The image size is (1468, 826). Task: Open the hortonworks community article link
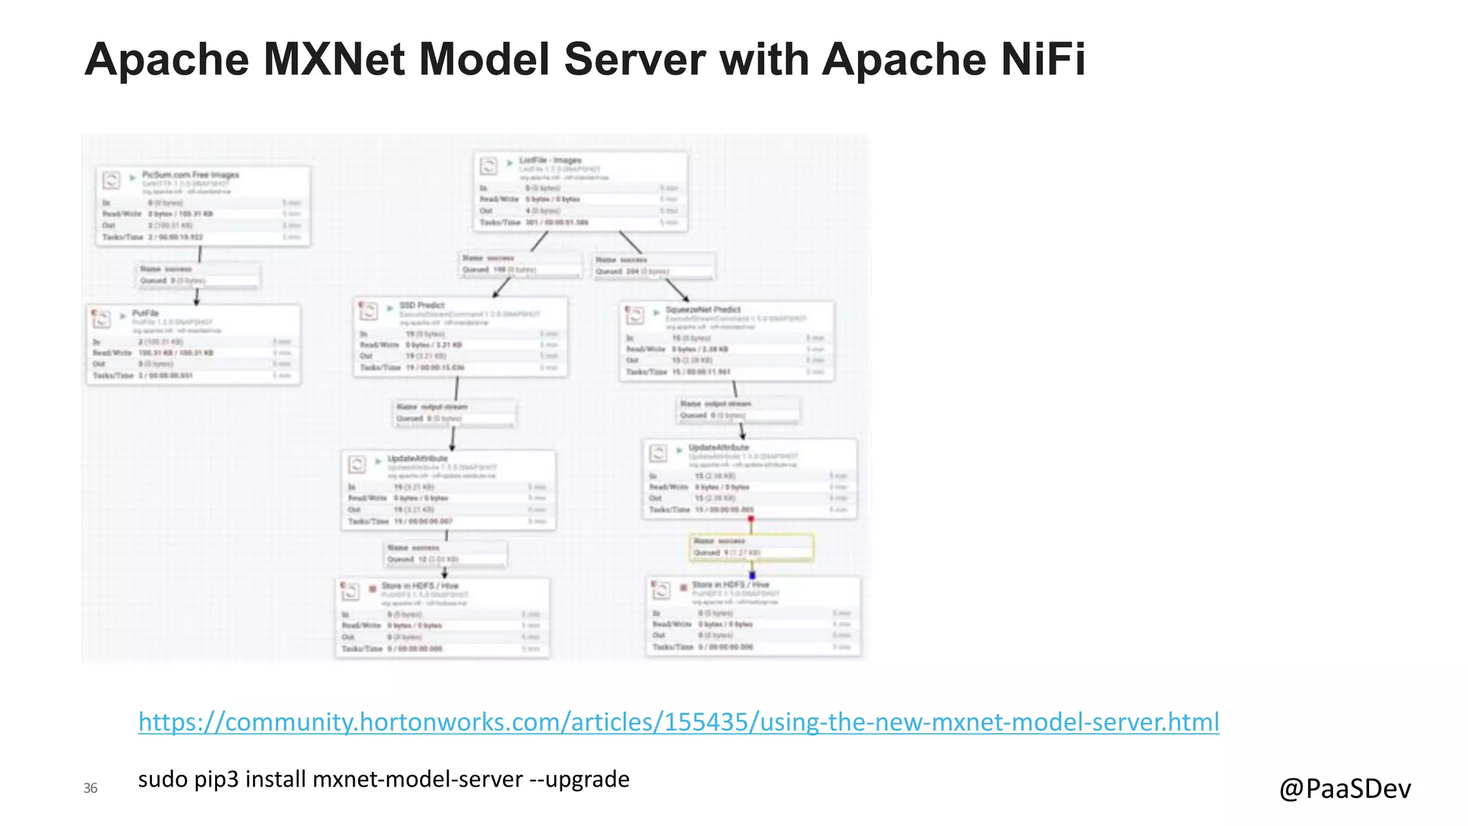(x=678, y=721)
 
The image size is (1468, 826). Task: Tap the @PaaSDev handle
(x=1345, y=788)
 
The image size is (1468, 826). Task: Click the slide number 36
(x=90, y=788)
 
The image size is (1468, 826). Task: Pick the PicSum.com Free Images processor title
(x=190, y=175)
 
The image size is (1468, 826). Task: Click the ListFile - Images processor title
(x=550, y=161)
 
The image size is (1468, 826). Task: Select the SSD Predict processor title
(x=421, y=305)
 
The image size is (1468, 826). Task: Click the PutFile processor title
(x=146, y=313)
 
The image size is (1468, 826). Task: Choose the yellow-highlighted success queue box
(x=751, y=547)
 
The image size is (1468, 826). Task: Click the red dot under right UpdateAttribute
(x=750, y=518)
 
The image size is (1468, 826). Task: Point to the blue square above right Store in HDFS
(x=752, y=575)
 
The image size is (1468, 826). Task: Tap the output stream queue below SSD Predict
(x=454, y=412)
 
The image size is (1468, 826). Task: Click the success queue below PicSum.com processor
(x=198, y=275)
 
